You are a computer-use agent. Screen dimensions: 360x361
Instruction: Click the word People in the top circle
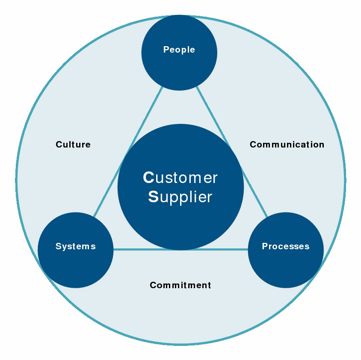[x=179, y=50]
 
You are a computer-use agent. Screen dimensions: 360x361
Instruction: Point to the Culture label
[x=73, y=145]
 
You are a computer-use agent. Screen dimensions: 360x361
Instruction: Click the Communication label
[x=287, y=145]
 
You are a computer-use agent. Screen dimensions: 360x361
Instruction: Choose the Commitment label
[x=180, y=285]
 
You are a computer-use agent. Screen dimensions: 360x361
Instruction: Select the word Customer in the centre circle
[x=180, y=178]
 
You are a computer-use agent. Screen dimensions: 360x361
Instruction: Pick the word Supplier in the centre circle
[x=180, y=197]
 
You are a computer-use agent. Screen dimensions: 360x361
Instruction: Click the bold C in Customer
[x=148, y=178]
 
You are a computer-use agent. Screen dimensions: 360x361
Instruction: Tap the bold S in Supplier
[x=153, y=197]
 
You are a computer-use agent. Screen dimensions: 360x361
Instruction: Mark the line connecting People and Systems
[x=128, y=151]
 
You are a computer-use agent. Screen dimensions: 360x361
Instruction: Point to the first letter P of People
[x=166, y=50]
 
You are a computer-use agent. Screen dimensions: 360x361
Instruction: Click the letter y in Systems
[x=64, y=247]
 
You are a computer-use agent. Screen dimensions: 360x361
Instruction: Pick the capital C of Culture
[x=59, y=145]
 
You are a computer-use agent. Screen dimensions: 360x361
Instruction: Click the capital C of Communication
[x=253, y=145]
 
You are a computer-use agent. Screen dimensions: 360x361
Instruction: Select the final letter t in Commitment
[x=209, y=285]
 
